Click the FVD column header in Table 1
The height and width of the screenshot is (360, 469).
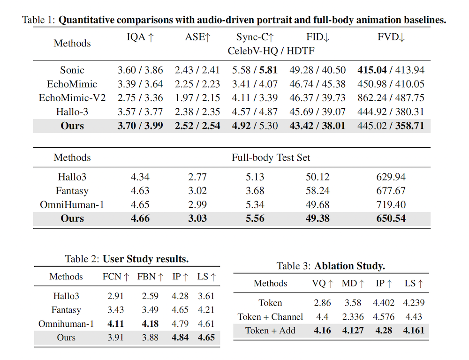[x=391, y=38]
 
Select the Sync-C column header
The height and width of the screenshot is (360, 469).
[x=255, y=38]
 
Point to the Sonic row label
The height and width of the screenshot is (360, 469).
[x=72, y=70]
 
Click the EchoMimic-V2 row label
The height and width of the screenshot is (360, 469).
[x=72, y=98]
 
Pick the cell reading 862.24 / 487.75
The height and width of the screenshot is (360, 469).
[x=391, y=98]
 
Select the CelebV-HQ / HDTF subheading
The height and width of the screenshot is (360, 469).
[x=271, y=51]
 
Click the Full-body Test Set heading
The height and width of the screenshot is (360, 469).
[x=271, y=158]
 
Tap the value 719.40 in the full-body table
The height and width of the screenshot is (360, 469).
[x=391, y=205]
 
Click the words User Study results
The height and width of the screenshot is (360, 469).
[x=146, y=259]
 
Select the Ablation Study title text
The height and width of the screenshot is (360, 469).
[x=350, y=266]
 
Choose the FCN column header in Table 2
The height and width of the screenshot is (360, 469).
[x=116, y=277]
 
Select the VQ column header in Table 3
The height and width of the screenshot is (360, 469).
[x=323, y=283]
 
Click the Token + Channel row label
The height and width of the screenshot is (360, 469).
[x=270, y=317]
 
